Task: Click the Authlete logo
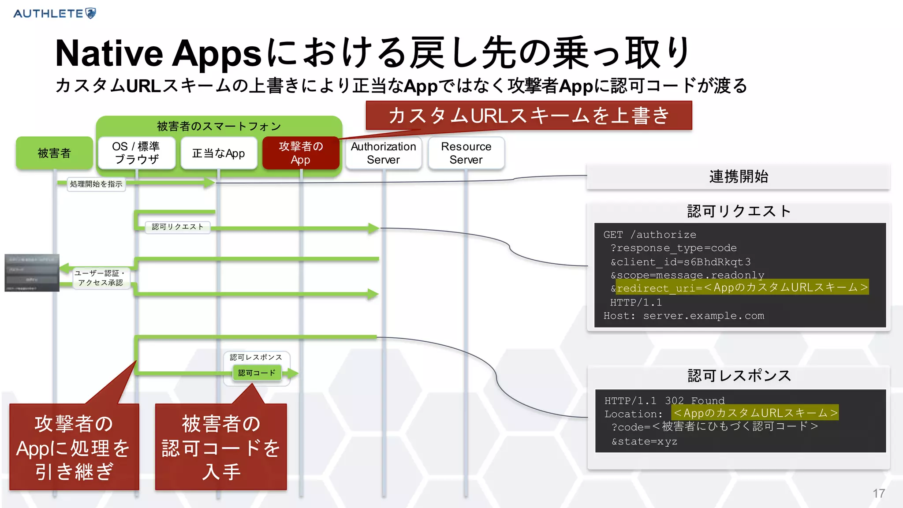(x=55, y=13)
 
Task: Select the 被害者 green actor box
(x=54, y=153)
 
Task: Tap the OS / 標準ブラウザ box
(x=136, y=153)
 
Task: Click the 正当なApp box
(x=219, y=153)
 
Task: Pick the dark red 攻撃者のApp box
(x=301, y=153)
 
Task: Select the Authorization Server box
(x=383, y=153)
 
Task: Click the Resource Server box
(x=466, y=153)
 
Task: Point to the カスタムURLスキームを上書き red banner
(x=529, y=116)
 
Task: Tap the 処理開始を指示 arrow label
(x=96, y=184)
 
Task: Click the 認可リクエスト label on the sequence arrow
(x=178, y=227)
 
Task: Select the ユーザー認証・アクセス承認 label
(x=100, y=278)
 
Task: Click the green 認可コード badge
(x=257, y=373)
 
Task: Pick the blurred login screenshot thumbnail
(x=32, y=273)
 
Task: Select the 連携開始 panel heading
(x=738, y=176)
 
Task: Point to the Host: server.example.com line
(x=683, y=316)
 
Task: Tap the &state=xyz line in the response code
(x=644, y=441)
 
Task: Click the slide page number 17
(x=878, y=493)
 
